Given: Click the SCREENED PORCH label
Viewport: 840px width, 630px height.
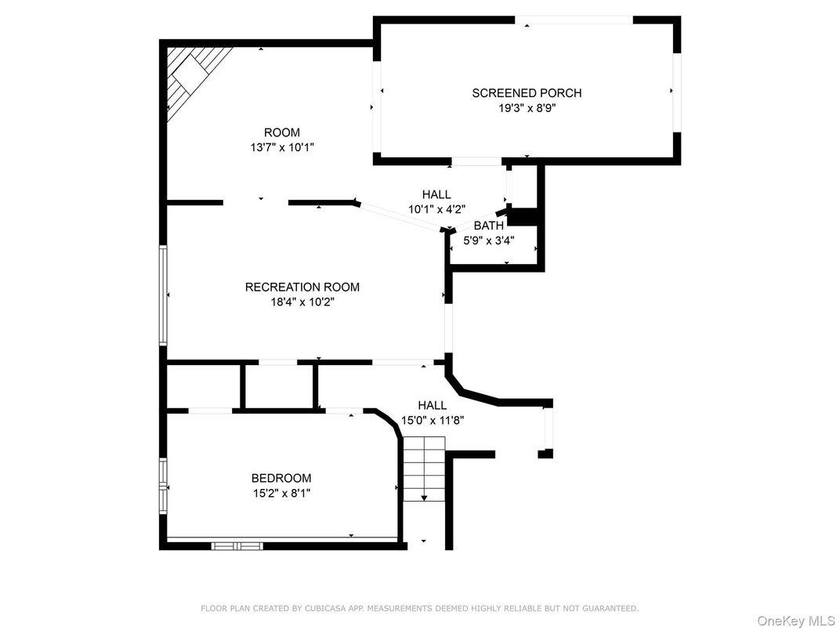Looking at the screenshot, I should click(x=527, y=93).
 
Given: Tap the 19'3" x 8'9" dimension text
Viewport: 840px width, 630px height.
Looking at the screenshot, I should click(x=527, y=108).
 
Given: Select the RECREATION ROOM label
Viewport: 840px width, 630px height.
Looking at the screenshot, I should click(x=302, y=287).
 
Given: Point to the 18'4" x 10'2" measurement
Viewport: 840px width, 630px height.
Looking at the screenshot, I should click(x=302, y=302).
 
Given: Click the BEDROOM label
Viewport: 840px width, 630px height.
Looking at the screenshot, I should click(x=281, y=478).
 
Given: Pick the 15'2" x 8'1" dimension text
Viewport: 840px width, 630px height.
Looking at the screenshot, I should click(x=281, y=493).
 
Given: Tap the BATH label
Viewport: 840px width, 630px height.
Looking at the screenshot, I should click(x=488, y=226).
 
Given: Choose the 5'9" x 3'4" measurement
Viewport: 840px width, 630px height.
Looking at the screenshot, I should click(x=488, y=241).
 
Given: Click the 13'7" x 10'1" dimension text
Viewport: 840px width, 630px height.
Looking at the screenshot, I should click(x=281, y=147).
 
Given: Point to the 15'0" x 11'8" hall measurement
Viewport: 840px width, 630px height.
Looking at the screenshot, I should click(x=433, y=420).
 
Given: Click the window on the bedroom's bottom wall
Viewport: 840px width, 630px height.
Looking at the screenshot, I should click(x=236, y=545).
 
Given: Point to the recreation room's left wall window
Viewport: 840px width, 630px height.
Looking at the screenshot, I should click(x=163, y=295).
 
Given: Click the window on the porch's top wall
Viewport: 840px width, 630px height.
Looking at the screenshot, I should click(x=585, y=20).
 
